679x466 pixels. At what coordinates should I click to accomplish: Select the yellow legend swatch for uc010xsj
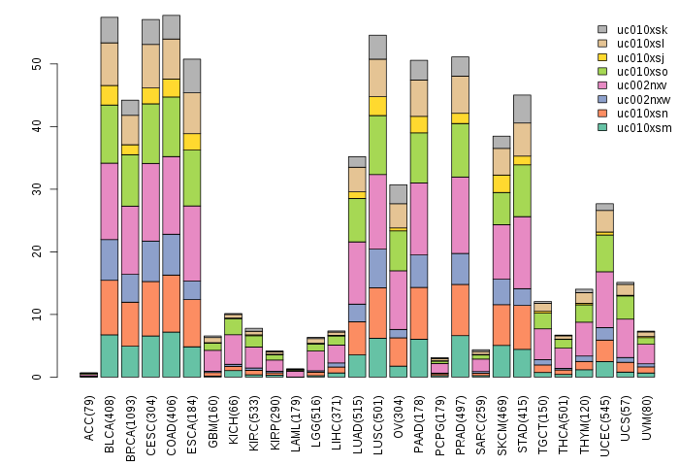click(603, 57)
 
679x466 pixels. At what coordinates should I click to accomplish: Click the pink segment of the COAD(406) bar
click(172, 195)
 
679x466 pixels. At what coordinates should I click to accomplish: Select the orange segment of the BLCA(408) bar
click(110, 307)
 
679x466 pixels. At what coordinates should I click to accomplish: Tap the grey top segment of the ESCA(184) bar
click(192, 76)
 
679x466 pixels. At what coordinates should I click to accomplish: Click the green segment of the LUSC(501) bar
click(377, 145)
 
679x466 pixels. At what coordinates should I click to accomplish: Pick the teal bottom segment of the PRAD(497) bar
click(461, 356)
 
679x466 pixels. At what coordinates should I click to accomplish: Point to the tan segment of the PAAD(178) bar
click(419, 97)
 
